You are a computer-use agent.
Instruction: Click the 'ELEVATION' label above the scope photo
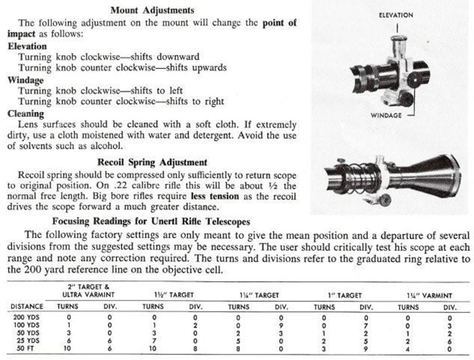[395, 14]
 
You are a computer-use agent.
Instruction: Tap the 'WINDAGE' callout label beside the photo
[387, 115]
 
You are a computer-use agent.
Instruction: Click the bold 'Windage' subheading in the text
[26, 78]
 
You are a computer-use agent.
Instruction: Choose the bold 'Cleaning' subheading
[26, 111]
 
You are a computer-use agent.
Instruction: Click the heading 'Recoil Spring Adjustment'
[151, 161]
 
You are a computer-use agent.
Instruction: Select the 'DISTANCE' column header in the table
[27, 305]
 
